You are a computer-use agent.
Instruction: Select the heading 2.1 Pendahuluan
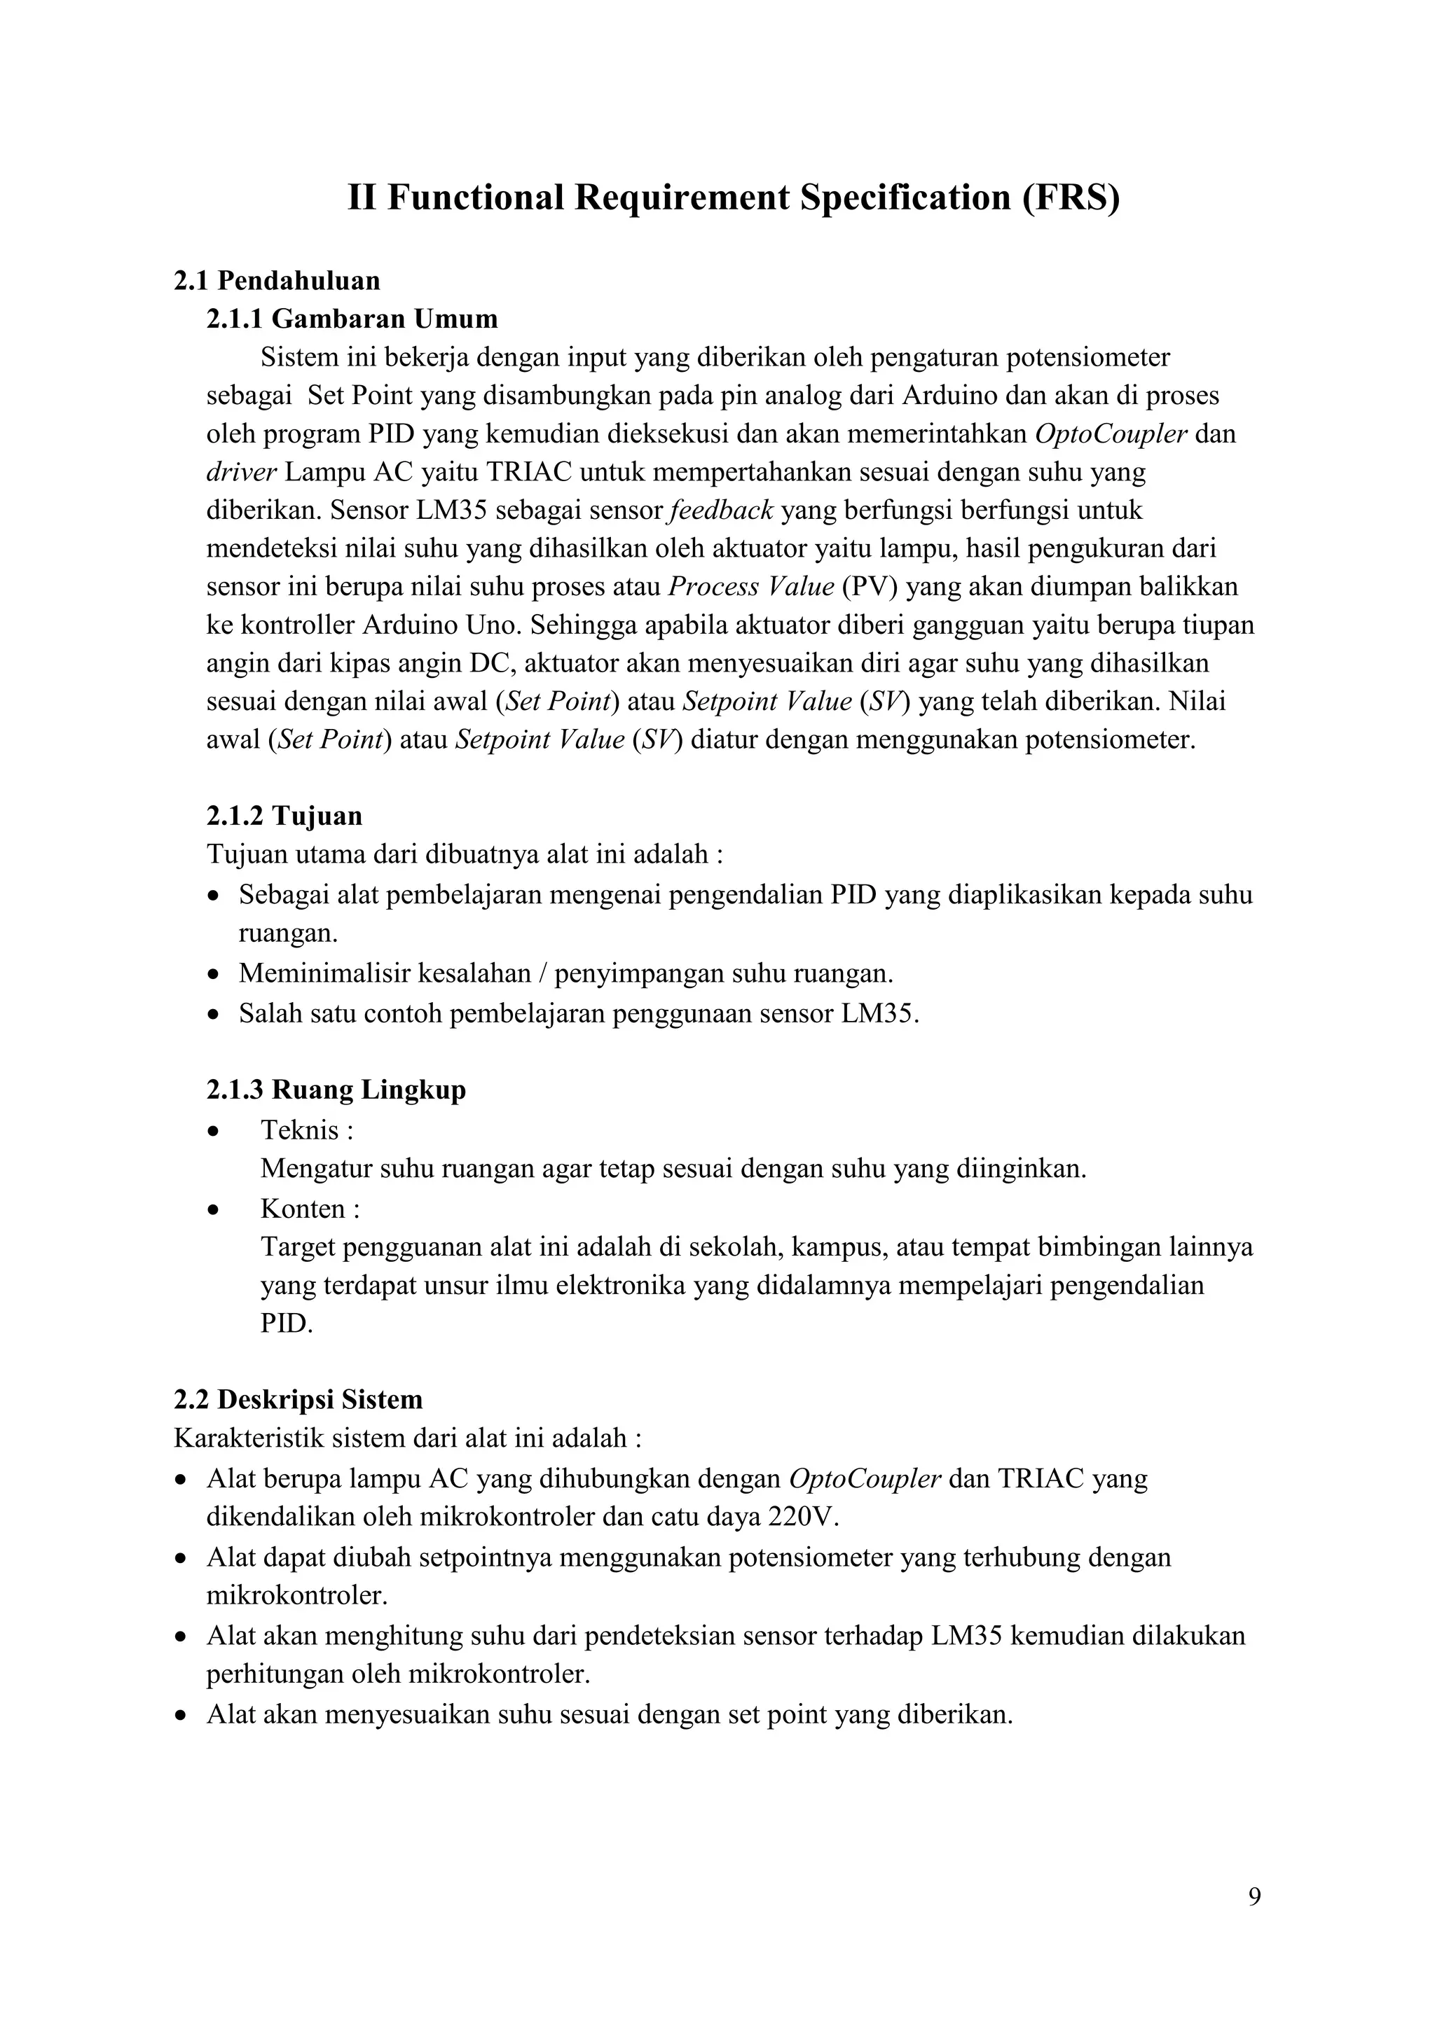277,281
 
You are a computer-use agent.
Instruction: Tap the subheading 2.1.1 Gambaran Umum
352,319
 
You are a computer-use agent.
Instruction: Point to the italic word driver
241,473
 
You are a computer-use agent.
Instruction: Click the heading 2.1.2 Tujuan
284,815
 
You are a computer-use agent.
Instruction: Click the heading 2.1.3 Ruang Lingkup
336,1090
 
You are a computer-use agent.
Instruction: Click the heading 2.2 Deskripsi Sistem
298,1400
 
